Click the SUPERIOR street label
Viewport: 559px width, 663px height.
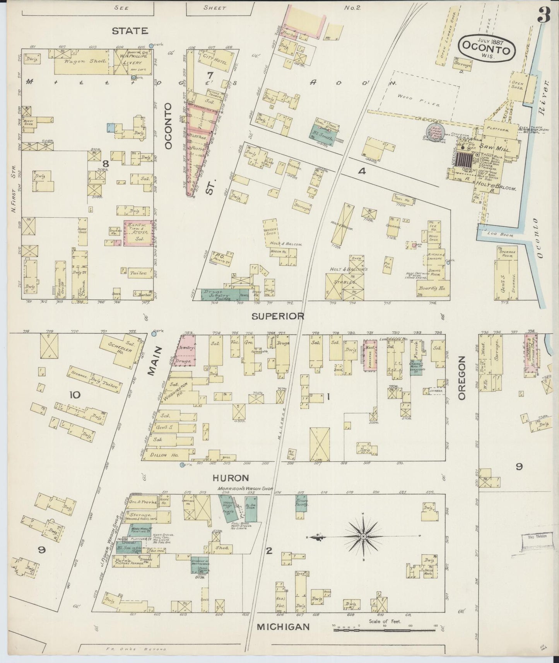pos(278,316)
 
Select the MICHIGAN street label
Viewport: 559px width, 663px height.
pos(284,626)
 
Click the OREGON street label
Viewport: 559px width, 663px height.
pos(463,378)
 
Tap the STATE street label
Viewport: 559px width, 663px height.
pos(130,31)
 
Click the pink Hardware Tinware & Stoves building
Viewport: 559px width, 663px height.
pos(137,233)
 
